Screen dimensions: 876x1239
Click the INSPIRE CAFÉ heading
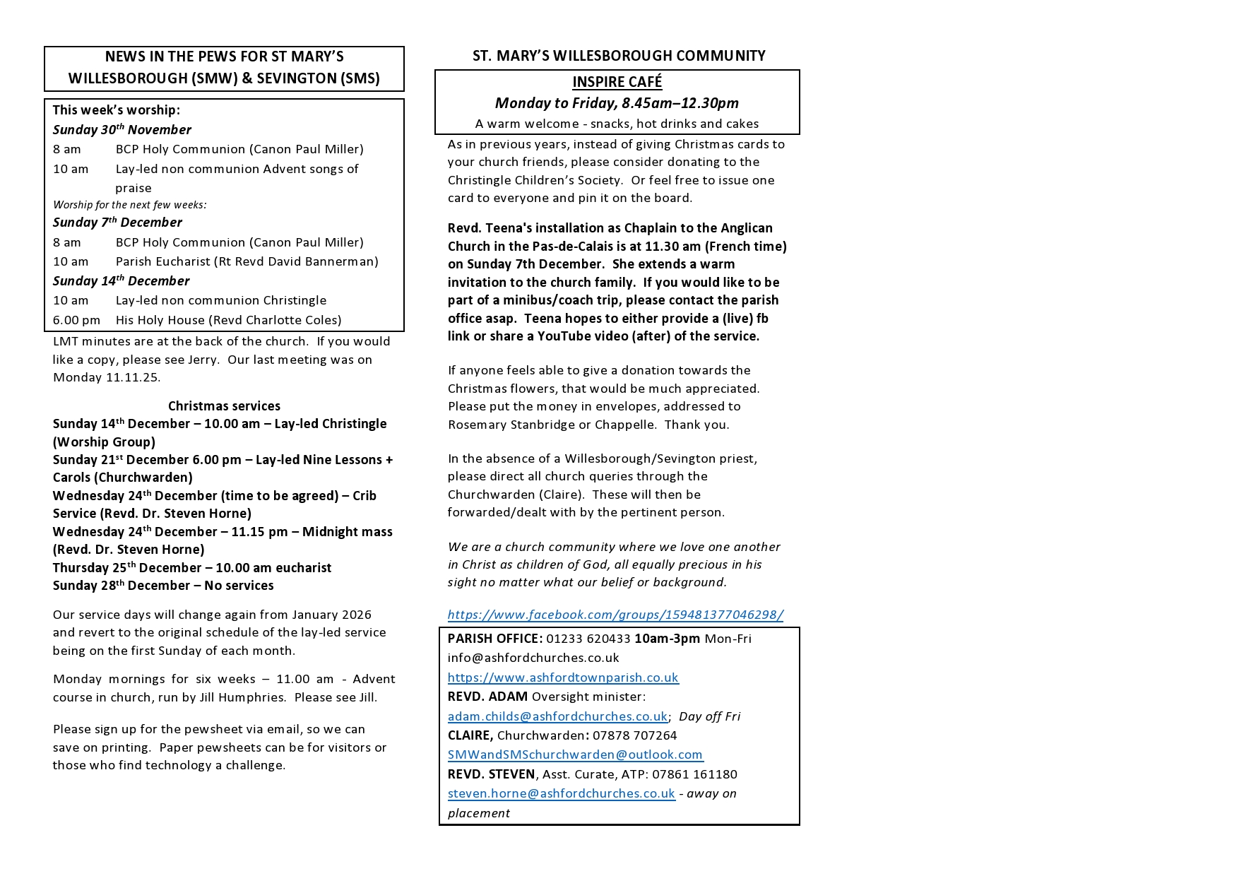617,82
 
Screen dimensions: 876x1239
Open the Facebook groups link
615,615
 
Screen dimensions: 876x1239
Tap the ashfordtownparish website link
563,677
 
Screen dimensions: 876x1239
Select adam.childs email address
557,716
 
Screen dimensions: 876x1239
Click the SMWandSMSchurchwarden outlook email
575,754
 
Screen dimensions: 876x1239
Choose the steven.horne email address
561,793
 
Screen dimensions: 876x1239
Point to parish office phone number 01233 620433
588,639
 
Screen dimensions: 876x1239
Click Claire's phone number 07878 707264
634,735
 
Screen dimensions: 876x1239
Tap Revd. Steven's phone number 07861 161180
694,774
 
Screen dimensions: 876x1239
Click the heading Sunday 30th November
121,130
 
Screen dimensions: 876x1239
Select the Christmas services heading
224,406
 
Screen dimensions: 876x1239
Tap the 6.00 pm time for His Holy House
76,320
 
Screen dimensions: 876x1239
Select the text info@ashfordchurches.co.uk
533,658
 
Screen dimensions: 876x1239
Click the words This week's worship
117,110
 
